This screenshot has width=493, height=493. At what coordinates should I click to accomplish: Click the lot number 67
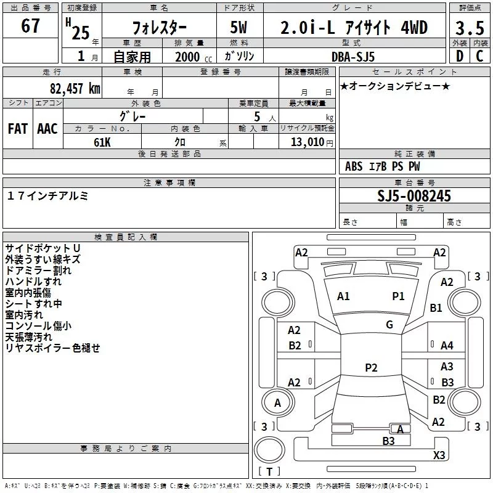[x=30, y=26]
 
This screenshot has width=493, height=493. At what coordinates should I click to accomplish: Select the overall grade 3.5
[x=470, y=28]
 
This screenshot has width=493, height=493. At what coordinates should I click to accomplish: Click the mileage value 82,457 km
[x=75, y=88]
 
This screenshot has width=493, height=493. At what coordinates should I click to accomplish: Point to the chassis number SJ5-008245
[x=414, y=197]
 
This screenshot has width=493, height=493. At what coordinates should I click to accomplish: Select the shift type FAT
[x=17, y=129]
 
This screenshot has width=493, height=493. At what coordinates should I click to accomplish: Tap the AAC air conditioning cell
[x=47, y=129]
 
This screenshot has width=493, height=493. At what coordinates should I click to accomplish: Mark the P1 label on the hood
[x=399, y=296]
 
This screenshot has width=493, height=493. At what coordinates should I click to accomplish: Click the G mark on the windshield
[x=389, y=325]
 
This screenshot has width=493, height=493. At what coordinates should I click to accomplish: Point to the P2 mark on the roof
[x=371, y=368]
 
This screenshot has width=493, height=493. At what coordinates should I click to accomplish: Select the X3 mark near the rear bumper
[x=439, y=455]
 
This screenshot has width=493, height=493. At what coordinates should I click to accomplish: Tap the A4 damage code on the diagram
[x=447, y=346]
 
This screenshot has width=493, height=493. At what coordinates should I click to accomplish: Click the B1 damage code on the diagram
[x=436, y=308]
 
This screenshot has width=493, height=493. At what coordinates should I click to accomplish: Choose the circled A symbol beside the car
[x=277, y=403]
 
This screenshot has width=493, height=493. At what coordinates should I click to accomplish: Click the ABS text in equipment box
[x=354, y=167]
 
